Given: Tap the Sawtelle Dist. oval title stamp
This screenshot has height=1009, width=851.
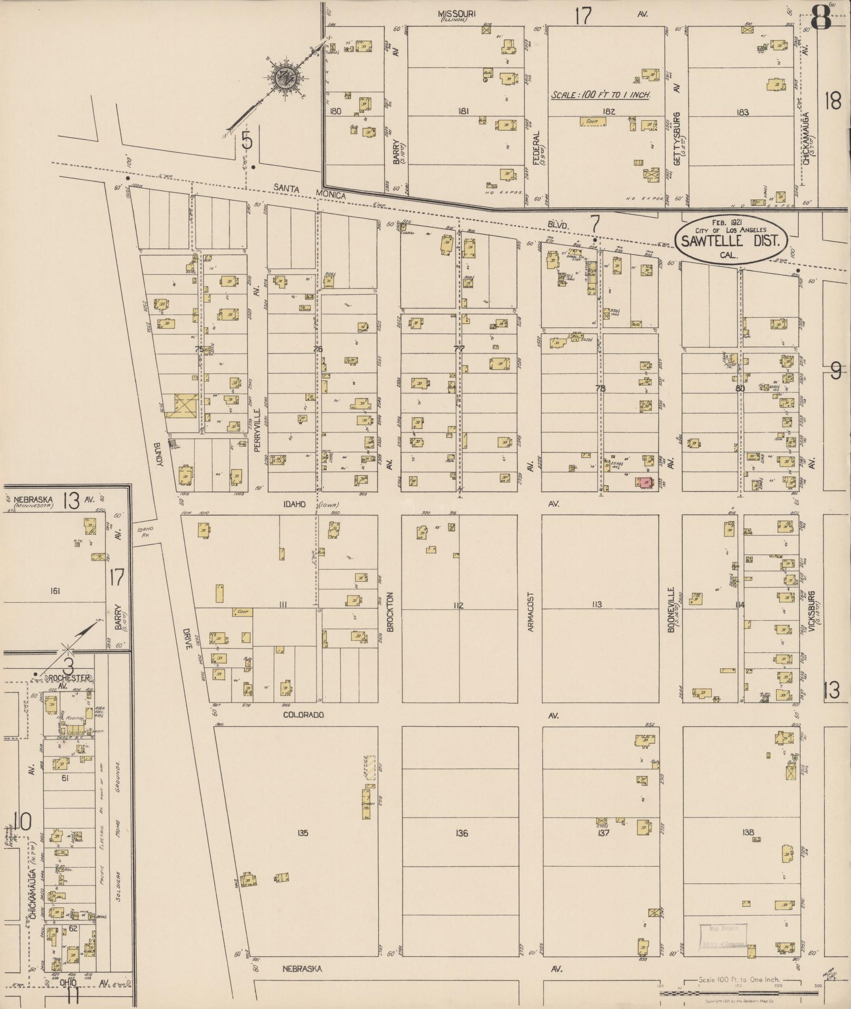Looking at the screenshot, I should (733, 238).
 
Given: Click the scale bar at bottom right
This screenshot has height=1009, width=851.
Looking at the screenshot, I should (739, 994).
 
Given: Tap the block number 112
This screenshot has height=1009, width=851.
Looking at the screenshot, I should (458, 605).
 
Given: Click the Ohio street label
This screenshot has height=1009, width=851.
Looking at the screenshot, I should (69, 983).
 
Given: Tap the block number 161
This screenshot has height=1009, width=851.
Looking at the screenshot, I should (55, 591).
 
